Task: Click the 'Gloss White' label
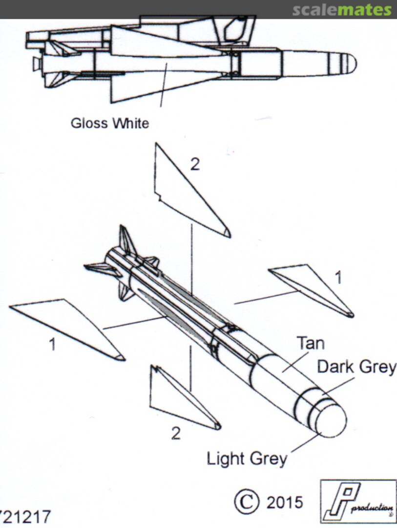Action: (x=109, y=123)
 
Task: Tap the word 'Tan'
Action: (x=311, y=343)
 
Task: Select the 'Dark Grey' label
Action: (x=356, y=367)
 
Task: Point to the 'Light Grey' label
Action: (x=247, y=459)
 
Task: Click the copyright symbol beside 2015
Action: (x=247, y=502)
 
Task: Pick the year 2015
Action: (x=284, y=503)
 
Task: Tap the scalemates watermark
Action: (x=341, y=10)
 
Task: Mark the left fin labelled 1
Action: (x=68, y=325)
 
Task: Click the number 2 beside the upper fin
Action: (x=195, y=165)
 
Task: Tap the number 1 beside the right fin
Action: (x=338, y=277)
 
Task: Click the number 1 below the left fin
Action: (x=52, y=345)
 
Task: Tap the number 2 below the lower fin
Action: (x=176, y=433)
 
